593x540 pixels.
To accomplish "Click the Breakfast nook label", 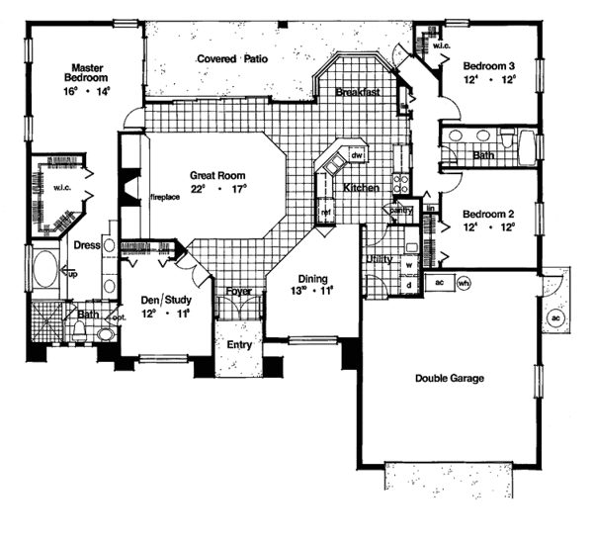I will (357, 93).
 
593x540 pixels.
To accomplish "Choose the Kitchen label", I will (362, 187).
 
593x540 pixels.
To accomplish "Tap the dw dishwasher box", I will (358, 156).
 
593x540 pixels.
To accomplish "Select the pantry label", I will (400, 211).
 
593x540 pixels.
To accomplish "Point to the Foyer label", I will (238, 292).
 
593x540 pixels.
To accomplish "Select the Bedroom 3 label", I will (490, 66).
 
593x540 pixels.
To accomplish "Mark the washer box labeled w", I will (409, 265).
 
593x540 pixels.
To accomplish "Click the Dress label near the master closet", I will (87, 245).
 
